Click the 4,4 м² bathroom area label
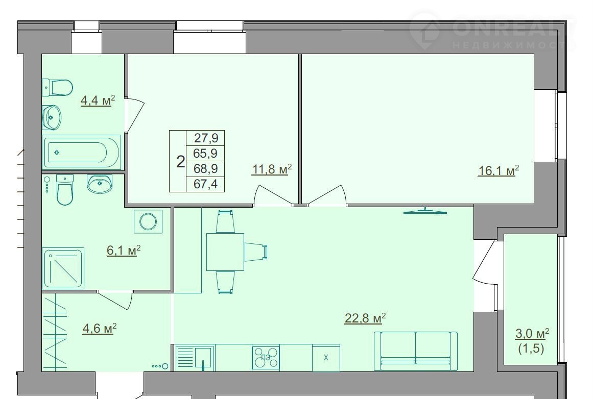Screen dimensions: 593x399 pos(97,101)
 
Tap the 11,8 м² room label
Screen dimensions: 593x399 pos(272,169)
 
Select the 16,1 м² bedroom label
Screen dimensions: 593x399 pos(499,171)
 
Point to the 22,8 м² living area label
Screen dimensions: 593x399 pos(365,318)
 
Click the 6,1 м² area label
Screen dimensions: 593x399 pos(123,251)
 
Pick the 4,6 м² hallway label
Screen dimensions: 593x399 pos(99,329)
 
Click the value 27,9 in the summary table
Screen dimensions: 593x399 pos(206,138)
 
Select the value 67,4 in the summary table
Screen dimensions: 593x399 pos(206,185)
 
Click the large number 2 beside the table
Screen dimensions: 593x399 pos(181,162)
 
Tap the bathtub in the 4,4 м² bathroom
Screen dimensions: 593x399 pos(82,152)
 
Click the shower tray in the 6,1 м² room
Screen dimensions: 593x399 pos(63,268)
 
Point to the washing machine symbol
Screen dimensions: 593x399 pos(148,220)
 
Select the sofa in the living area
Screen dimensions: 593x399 pos(416,352)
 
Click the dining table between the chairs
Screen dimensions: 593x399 pos(225,252)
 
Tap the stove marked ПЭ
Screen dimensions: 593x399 pos(266,357)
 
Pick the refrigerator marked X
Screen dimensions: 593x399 pos(326,358)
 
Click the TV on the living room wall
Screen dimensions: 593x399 pos(425,211)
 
